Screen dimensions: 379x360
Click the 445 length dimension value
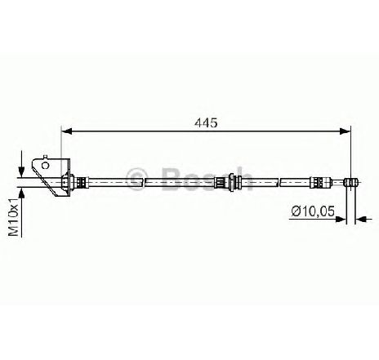pyautogui.click(x=206, y=123)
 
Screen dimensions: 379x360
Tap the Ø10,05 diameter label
pyautogui.click(x=313, y=211)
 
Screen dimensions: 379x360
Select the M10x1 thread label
pyautogui.click(x=14, y=217)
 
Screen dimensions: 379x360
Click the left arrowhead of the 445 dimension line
pyautogui.click(x=67, y=131)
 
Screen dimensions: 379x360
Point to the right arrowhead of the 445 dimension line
pyautogui.click(x=345, y=131)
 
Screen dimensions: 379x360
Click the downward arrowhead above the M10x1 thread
pyautogui.click(x=21, y=171)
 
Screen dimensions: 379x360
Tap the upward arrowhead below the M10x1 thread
pyautogui.click(x=21, y=193)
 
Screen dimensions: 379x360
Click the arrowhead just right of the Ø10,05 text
pyautogui.click(x=341, y=219)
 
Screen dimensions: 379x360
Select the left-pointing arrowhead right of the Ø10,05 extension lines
pyautogui.click(x=361, y=219)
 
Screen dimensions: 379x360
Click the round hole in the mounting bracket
pyautogui.click(x=45, y=166)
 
